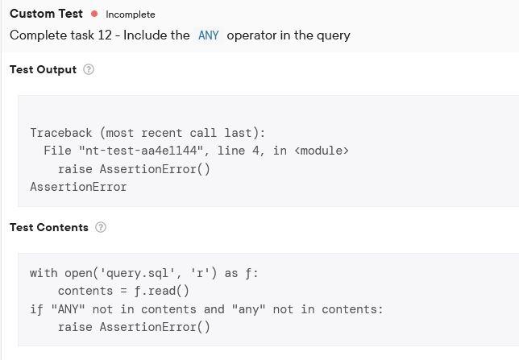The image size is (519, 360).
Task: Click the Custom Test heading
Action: tap(46, 14)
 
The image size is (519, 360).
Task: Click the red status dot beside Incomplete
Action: tap(95, 14)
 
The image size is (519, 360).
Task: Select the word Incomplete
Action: tap(130, 14)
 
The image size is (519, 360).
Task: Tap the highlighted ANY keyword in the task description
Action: tap(208, 35)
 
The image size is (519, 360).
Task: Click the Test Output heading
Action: tap(43, 69)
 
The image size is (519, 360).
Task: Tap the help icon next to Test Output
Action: tap(89, 69)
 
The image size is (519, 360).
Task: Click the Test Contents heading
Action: tap(48, 227)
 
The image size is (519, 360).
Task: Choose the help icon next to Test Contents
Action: tap(101, 227)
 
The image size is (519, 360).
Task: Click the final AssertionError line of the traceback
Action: tap(78, 187)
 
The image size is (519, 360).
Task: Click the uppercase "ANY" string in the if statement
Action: tap(68, 309)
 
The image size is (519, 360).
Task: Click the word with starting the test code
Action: tap(44, 273)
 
